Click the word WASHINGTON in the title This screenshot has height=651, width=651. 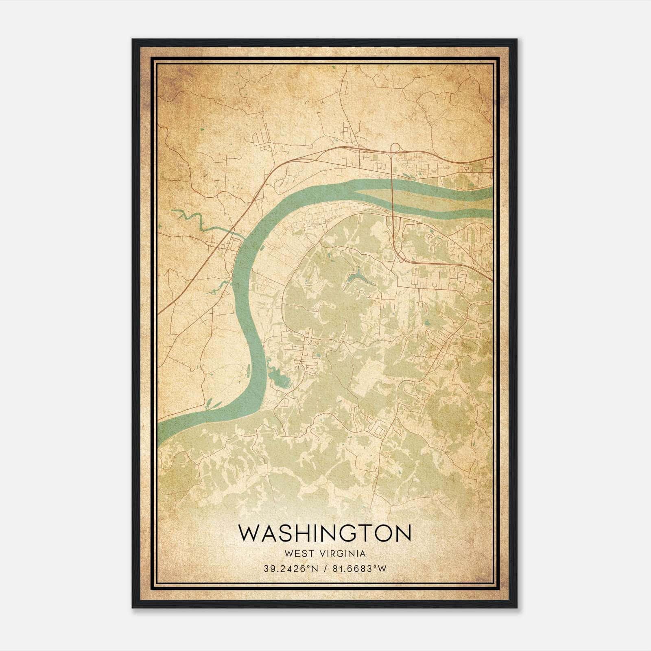(325, 533)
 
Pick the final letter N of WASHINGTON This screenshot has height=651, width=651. (403, 533)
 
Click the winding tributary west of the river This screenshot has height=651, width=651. (195, 220)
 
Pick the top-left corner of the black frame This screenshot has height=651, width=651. (133, 40)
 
